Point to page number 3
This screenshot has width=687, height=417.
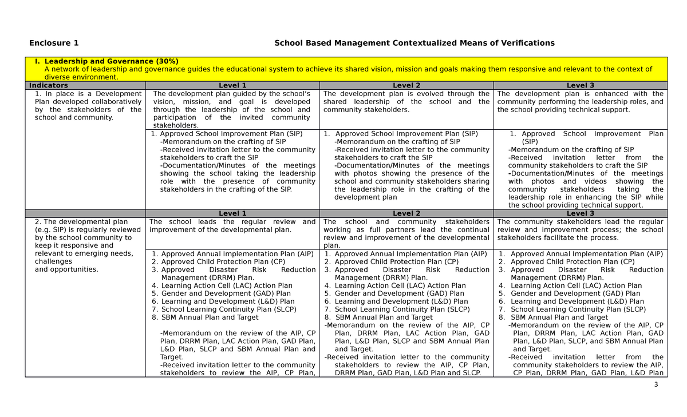pyautogui.click(x=657, y=384)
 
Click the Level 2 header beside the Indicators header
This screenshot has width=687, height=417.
pyautogui.click(x=406, y=86)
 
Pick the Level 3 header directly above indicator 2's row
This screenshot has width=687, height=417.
pyautogui.click(x=580, y=213)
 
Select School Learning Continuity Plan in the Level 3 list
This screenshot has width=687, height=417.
pyautogui.click(x=578, y=309)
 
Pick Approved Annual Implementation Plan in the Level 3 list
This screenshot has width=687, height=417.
pyautogui.click(x=586, y=254)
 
